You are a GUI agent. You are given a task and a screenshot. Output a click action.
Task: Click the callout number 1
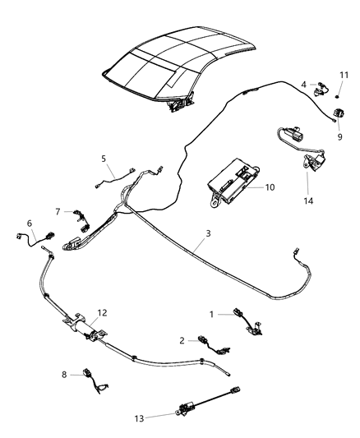coord(211,313)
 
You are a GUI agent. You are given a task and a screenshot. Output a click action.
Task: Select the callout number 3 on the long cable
coord(208,234)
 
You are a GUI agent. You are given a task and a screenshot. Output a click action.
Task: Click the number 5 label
coord(104,158)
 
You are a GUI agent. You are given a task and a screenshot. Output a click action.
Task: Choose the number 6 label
coord(30,223)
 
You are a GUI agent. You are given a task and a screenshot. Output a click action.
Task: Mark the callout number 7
coord(58,211)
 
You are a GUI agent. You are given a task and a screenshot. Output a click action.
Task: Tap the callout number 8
coord(65,374)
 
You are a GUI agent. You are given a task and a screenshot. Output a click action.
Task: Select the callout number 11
coord(344,75)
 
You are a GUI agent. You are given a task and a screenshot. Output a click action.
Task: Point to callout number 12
coord(103,312)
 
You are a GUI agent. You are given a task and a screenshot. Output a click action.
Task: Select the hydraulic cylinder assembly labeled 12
coord(89,326)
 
